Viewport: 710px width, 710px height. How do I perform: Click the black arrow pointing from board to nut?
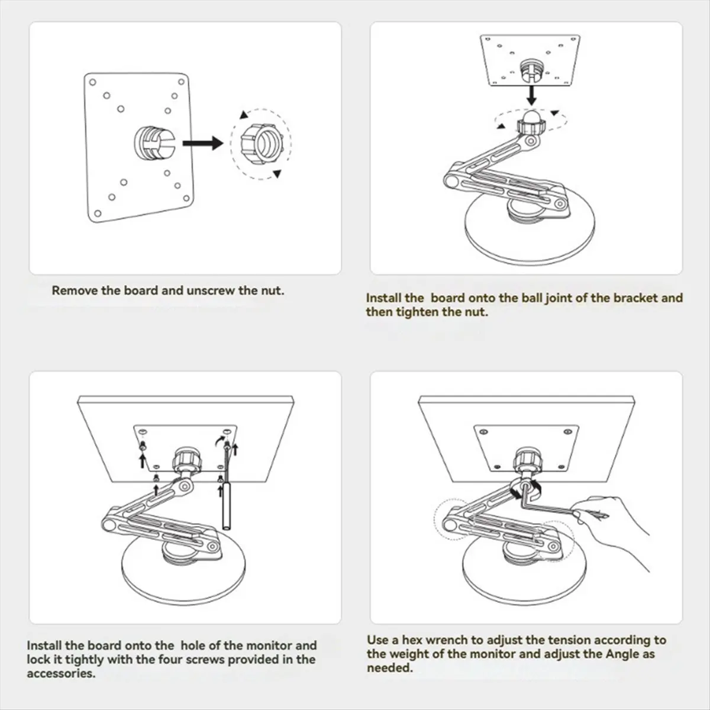[x=203, y=143]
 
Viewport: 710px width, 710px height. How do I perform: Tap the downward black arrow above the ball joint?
[x=531, y=95]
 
